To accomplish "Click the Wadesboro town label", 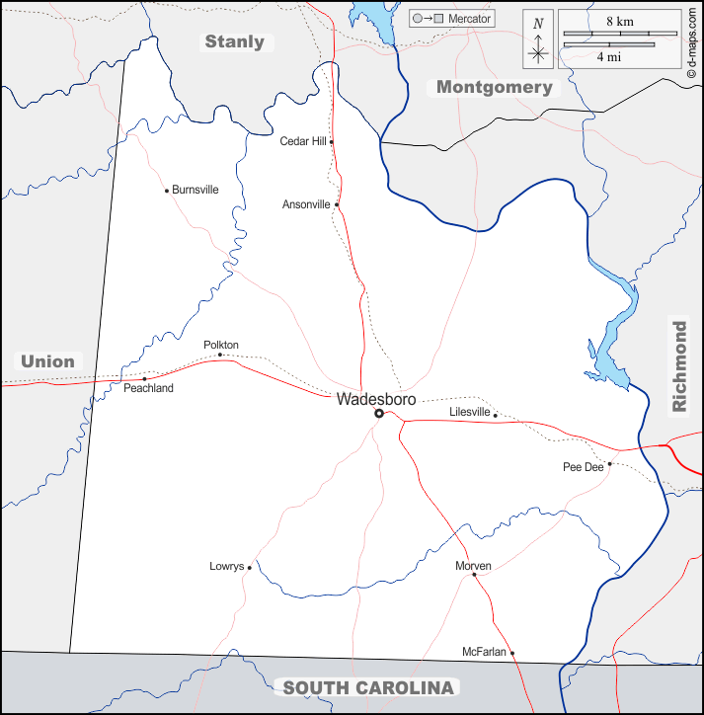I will pos(376,399).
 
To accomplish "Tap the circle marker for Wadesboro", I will pos(379,414).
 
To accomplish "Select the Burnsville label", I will pos(196,190).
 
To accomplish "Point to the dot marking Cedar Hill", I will pos(332,141).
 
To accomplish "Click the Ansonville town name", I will pos(306,204).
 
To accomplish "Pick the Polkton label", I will pos(221,345).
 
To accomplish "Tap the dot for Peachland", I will pos(144,378).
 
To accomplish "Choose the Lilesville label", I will pos(470,411).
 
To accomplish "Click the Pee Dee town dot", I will pos(610,463).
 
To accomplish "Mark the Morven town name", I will pos(473,565).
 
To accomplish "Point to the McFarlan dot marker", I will pos(512,652).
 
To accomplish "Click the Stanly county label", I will pos(234,41).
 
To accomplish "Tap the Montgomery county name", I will pos(495,87).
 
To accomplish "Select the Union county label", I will pos(47,361).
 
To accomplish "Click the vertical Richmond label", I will pos(679,365).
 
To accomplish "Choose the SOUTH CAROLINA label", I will pos(368,687).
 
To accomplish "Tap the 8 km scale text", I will pos(620,21).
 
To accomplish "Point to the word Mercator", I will pos(470,19).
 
